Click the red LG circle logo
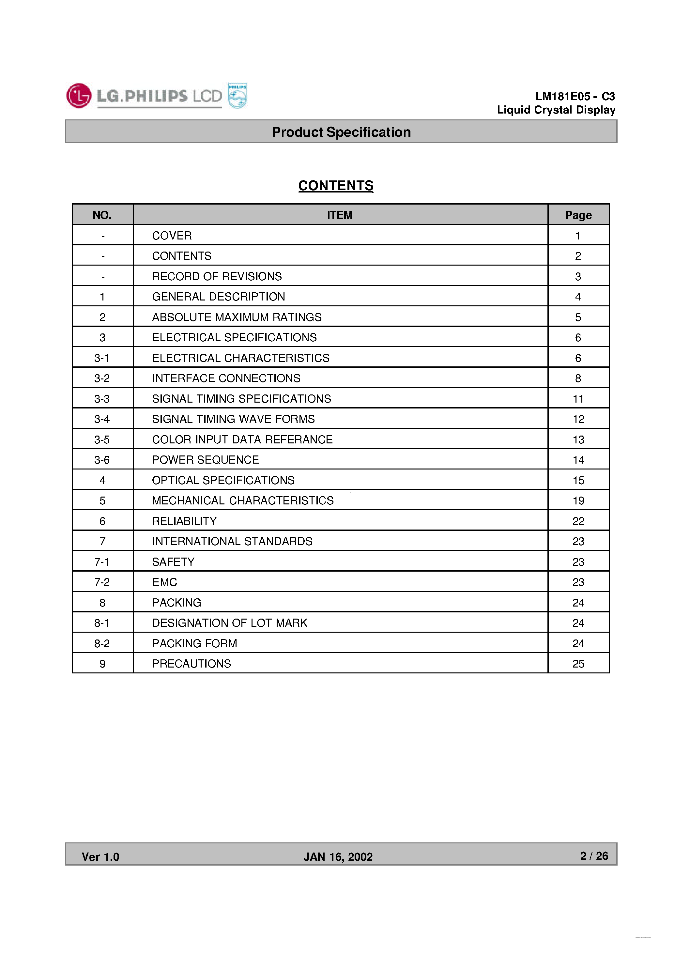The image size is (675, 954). click(x=79, y=96)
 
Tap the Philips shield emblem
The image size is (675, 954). click(x=237, y=96)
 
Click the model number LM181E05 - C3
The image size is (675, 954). click(x=575, y=97)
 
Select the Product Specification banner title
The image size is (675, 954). click(x=341, y=132)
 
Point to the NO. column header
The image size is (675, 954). click(x=102, y=215)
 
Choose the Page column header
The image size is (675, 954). click(x=578, y=215)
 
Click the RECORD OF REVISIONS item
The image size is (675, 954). click(x=217, y=276)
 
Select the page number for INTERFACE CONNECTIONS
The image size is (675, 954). click(x=578, y=378)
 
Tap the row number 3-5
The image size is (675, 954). click(x=102, y=439)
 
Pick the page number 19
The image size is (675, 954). click(x=578, y=500)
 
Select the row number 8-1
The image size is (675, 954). click(x=102, y=623)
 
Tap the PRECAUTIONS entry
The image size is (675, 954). click(x=191, y=663)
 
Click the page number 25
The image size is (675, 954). click(x=578, y=663)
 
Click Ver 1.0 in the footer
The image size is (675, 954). click(x=100, y=857)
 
